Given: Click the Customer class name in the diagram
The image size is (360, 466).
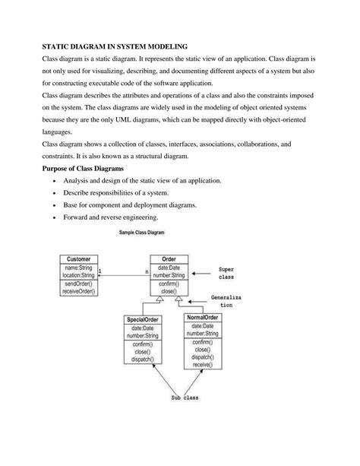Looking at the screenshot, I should pos(77,259).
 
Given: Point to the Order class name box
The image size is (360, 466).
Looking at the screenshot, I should pos(169,259).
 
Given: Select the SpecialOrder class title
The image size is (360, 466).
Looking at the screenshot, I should pos(142,319).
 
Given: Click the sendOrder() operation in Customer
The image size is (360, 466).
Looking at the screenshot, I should pos(77,283).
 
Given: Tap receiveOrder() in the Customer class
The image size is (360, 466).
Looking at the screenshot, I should pos(77,290).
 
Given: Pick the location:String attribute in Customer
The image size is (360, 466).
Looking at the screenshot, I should pos(77,274).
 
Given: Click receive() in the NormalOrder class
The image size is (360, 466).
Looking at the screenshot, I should pos(202,365).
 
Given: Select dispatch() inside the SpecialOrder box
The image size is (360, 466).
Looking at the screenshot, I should pos(142,360).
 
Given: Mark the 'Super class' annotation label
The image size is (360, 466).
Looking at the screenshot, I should pos(226,274).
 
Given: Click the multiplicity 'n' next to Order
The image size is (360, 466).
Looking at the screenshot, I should pos(147,271).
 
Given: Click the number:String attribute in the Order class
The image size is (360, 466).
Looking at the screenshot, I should pos(169,274).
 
